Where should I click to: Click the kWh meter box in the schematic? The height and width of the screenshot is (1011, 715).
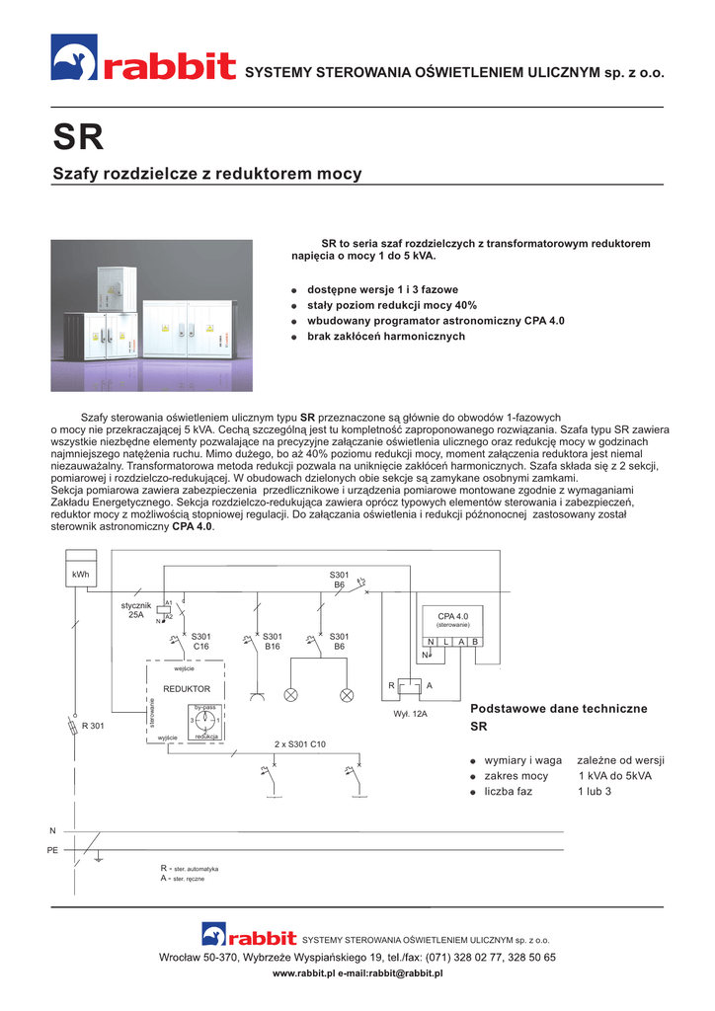tap(81, 575)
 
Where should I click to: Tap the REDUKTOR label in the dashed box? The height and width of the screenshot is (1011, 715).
tap(187, 688)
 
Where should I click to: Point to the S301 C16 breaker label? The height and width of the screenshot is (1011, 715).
tap(200, 641)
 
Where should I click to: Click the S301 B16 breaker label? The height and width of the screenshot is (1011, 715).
tap(273, 641)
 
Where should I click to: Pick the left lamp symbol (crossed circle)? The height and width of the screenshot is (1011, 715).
tap(291, 695)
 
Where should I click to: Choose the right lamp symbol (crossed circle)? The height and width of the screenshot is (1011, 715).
tap(347, 695)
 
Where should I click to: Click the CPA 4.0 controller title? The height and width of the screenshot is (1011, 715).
tap(452, 617)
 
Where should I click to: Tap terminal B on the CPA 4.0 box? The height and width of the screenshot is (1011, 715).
tap(474, 642)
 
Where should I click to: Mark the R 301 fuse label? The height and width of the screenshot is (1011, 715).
tap(93, 727)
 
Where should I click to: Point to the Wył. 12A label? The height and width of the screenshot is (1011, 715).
tap(409, 712)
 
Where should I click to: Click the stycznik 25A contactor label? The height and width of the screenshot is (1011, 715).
tap(134, 609)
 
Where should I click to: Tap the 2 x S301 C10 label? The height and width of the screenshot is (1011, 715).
tap(300, 743)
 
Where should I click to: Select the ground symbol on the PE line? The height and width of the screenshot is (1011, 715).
tap(99, 858)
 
